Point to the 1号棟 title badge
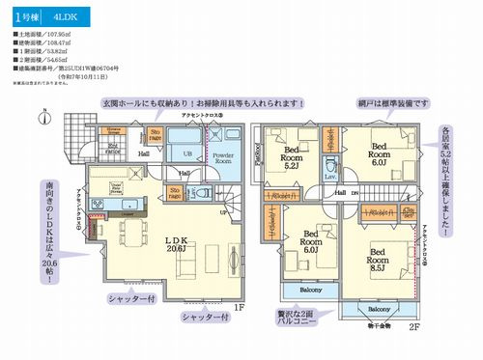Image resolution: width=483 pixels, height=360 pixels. [x=26, y=16]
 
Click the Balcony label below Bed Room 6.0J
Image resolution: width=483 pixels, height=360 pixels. [x=310, y=289]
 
